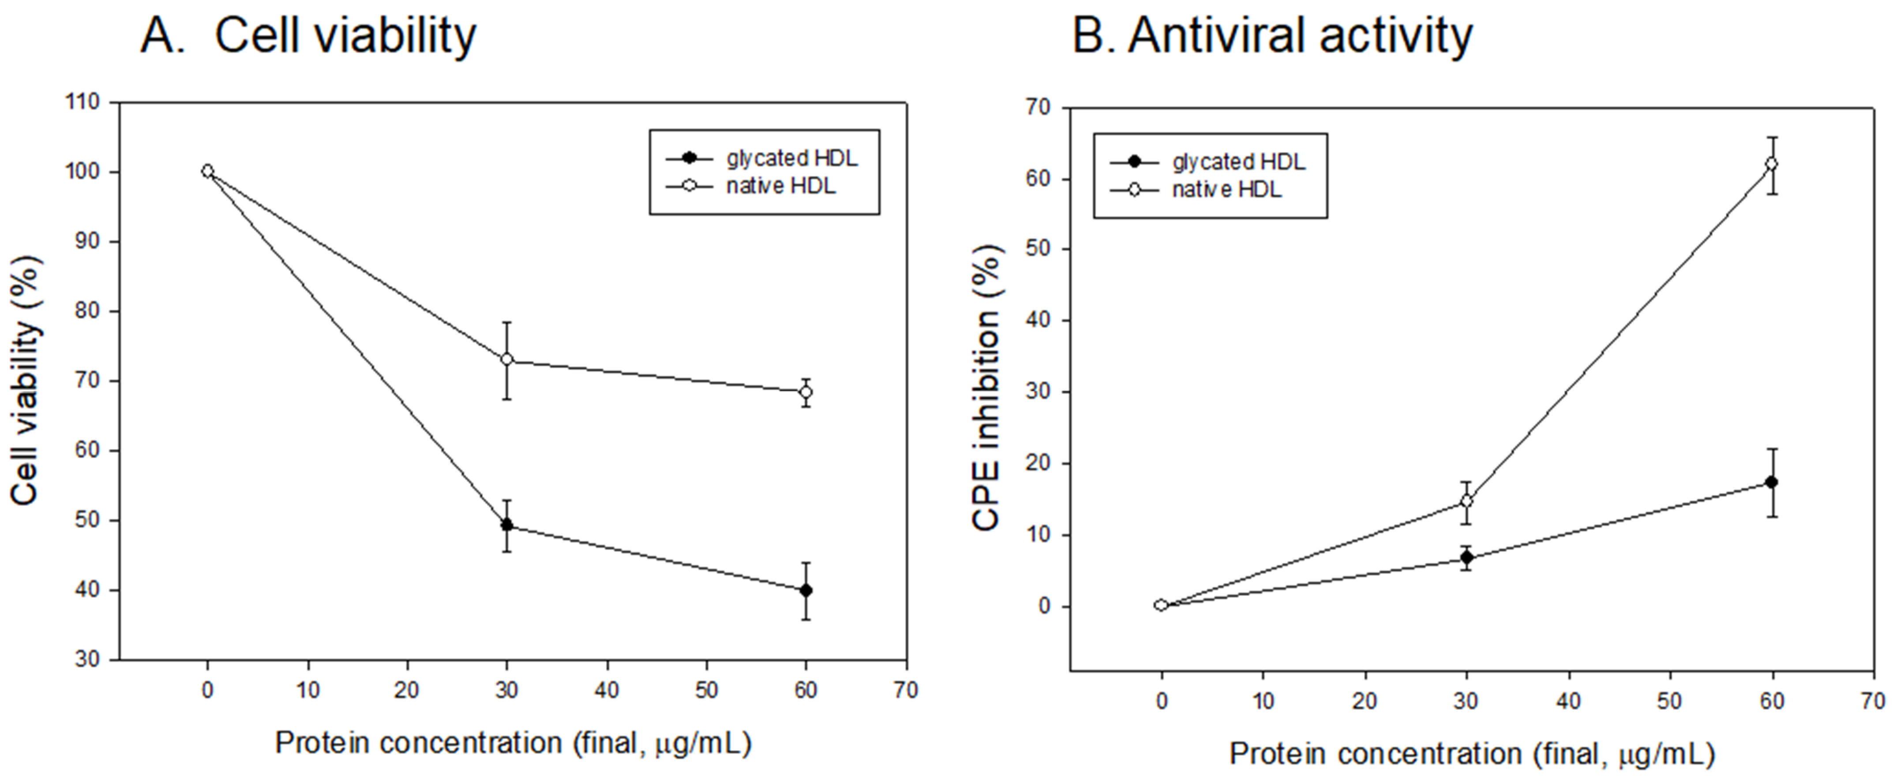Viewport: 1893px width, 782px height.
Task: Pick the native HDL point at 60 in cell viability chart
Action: (806, 392)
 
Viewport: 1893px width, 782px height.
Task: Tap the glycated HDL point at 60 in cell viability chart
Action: (806, 590)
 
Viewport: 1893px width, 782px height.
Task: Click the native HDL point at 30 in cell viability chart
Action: (506, 360)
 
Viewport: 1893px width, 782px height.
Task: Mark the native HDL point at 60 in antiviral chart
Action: (1772, 164)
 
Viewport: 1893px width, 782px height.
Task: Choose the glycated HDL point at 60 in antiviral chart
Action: (1772, 482)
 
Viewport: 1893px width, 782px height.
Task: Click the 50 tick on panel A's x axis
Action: (706, 690)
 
